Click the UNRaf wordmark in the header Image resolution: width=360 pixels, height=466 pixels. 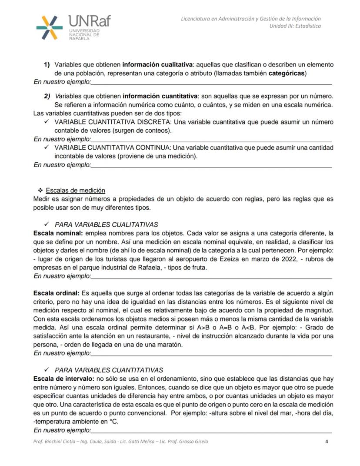point(89,21)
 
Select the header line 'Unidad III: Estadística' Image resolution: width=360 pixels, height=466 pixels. point(295,26)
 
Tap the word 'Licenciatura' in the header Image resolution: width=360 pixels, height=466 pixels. point(197,19)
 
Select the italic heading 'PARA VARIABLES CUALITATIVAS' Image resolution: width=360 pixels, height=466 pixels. point(106,225)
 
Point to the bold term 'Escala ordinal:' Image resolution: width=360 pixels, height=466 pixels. point(56,293)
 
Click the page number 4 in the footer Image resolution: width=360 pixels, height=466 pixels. point(327,442)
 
